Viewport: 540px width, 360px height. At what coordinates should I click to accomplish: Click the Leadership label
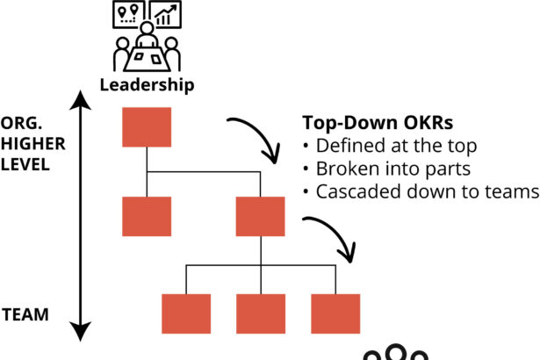[x=146, y=85]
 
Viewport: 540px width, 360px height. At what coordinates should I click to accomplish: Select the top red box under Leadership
[x=147, y=126]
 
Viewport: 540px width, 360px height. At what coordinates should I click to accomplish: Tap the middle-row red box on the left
[x=147, y=216]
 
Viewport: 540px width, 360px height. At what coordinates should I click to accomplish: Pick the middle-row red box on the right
[x=261, y=216]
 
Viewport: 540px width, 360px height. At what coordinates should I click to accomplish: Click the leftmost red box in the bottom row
[x=186, y=313]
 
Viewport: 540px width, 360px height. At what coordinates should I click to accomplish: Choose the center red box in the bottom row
[x=261, y=313]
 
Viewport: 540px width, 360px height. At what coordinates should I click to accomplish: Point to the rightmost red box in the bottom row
[x=335, y=313]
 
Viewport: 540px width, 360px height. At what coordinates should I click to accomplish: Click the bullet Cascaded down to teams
[x=420, y=191]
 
